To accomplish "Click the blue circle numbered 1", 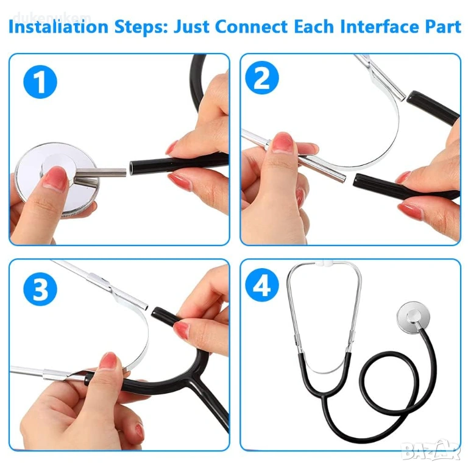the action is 40,82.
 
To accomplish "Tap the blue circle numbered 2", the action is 262,77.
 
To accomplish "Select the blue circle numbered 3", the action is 40,289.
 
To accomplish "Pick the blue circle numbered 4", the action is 262,285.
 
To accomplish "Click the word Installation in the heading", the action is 58,27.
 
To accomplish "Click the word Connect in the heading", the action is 251,27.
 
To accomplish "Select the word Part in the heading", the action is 443,27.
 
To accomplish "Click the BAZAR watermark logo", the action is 430,450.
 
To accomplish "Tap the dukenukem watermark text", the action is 52,17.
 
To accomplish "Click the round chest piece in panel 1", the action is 56,179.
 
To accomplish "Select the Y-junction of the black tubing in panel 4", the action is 324,395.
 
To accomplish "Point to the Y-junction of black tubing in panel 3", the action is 194,377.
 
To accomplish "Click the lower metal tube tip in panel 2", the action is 342,179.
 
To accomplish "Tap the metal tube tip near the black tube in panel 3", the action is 144,307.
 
